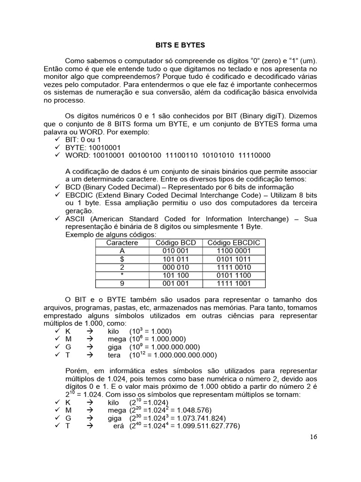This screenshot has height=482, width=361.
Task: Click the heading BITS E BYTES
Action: [180, 46]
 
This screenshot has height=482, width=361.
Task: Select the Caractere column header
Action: [122, 243]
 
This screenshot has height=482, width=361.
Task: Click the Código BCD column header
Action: [175, 243]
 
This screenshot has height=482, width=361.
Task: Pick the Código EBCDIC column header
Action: [233, 243]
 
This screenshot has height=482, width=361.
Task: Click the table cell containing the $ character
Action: [122, 259]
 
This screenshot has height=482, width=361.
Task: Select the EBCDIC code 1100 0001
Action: [233, 251]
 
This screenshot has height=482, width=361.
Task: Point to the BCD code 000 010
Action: [175, 267]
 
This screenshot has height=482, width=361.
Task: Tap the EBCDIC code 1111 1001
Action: [233, 283]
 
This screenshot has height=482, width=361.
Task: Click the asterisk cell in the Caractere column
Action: [122, 275]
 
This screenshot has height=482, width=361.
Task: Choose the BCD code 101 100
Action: [175, 275]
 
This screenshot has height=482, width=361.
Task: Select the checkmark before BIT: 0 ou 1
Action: [57, 139]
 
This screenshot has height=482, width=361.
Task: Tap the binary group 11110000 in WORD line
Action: [255, 155]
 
